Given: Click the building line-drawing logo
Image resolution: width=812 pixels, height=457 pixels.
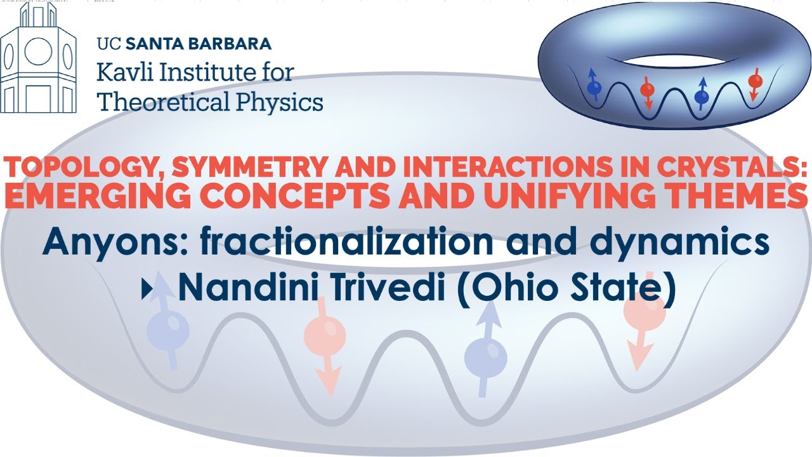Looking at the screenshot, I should tap(38, 60).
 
